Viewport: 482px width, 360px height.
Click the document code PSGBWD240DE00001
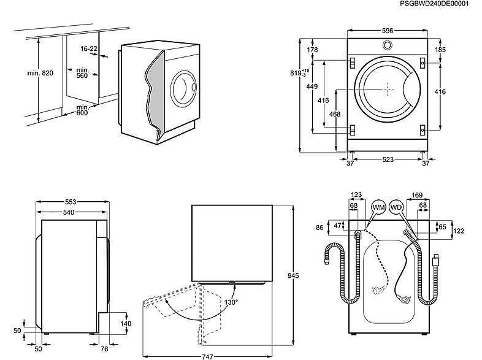pyautogui.click(x=434, y=4)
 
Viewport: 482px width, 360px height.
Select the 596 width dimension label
pyautogui.click(x=388, y=31)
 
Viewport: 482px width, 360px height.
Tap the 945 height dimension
pyautogui.click(x=293, y=276)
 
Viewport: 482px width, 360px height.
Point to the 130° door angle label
pyautogui.click(x=231, y=302)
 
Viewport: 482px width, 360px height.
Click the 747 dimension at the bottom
pyautogui.click(x=207, y=356)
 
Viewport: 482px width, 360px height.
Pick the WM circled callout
pyautogui.click(x=378, y=207)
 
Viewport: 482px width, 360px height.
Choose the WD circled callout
pyautogui.click(x=396, y=207)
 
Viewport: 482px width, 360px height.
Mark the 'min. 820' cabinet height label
pyautogui.click(x=40, y=73)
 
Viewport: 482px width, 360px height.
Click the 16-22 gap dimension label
pyautogui.click(x=89, y=48)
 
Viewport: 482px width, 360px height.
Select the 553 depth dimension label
pyautogui.click(x=71, y=202)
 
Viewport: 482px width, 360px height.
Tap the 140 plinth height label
pyautogui.click(x=126, y=323)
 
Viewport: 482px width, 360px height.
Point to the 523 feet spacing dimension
pyautogui.click(x=388, y=159)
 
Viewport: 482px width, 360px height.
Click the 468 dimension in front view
pyautogui.click(x=335, y=114)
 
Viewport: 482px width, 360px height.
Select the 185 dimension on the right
pyautogui.click(x=440, y=50)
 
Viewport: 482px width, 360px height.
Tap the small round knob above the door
pyautogui.click(x=388, y=45)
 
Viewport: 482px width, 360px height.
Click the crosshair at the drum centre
pyautogui.click(x=388, y=89)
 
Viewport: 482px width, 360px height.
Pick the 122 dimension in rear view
pyautogui.click(x=459, y=231)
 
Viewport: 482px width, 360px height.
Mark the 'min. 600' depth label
pyautogui.click(x=82, y=110)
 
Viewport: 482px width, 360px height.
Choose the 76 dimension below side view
pyautogui.click(x=104, y=348)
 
